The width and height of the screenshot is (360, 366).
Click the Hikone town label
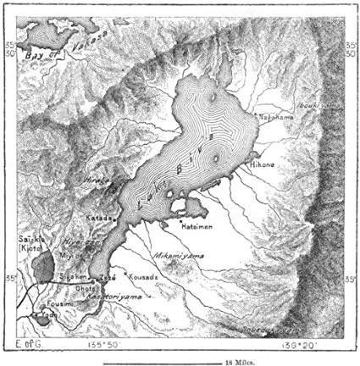click(260, 167)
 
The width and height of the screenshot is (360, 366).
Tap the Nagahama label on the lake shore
click(274, 115)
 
